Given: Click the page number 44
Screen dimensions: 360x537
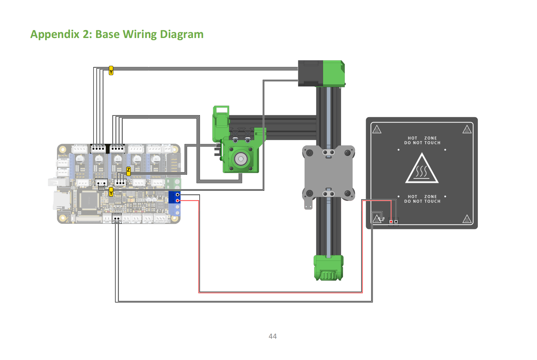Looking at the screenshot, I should pos(273,336).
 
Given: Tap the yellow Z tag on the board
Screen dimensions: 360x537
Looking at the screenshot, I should pos(128,171).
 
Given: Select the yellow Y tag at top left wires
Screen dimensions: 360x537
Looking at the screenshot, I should pos(111,70).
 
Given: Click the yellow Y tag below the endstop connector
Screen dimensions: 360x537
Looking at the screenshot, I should pos(111,192).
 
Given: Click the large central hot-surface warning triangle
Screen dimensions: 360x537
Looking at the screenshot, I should pos(421,169).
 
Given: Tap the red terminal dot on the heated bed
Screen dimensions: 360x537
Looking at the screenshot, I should pos(391,222).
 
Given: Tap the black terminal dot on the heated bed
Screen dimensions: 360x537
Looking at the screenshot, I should pos(396,222).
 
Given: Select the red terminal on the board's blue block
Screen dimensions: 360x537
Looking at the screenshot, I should pos(177,201).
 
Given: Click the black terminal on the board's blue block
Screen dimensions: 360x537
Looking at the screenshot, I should pos(177,195).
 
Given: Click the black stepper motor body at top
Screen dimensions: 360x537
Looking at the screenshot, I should pos(310,73).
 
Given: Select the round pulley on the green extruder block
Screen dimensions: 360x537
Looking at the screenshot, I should pos(241,159).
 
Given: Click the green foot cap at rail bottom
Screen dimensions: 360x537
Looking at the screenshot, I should pos(329,268).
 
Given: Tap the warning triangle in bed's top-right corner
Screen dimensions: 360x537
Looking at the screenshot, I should pos(467,130).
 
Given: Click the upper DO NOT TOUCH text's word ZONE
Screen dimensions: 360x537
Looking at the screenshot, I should pos(431,138).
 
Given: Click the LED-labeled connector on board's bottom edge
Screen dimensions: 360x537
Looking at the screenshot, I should pos(107,219).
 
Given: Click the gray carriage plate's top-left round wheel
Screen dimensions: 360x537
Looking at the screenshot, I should pos(310,153).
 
